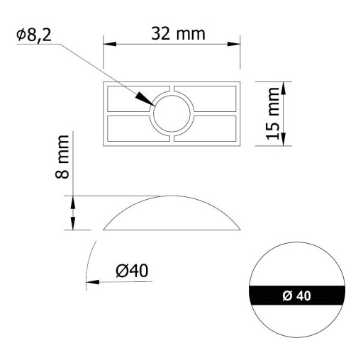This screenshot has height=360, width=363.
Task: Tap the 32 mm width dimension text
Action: pyautogui.click(x=178, y=33)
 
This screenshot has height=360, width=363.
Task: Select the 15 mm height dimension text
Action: pyautogui.click(x=273, y=113)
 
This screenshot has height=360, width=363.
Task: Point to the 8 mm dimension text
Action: pyautogui.click(x=62, y=157)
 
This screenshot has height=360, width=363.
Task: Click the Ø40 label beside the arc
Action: pyautogui.click(x=132, y=271)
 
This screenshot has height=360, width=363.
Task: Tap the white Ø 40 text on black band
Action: pyautogui.click(x=297, y=296)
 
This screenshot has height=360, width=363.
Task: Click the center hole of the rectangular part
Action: pyautogui.click(x=172, y=113)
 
